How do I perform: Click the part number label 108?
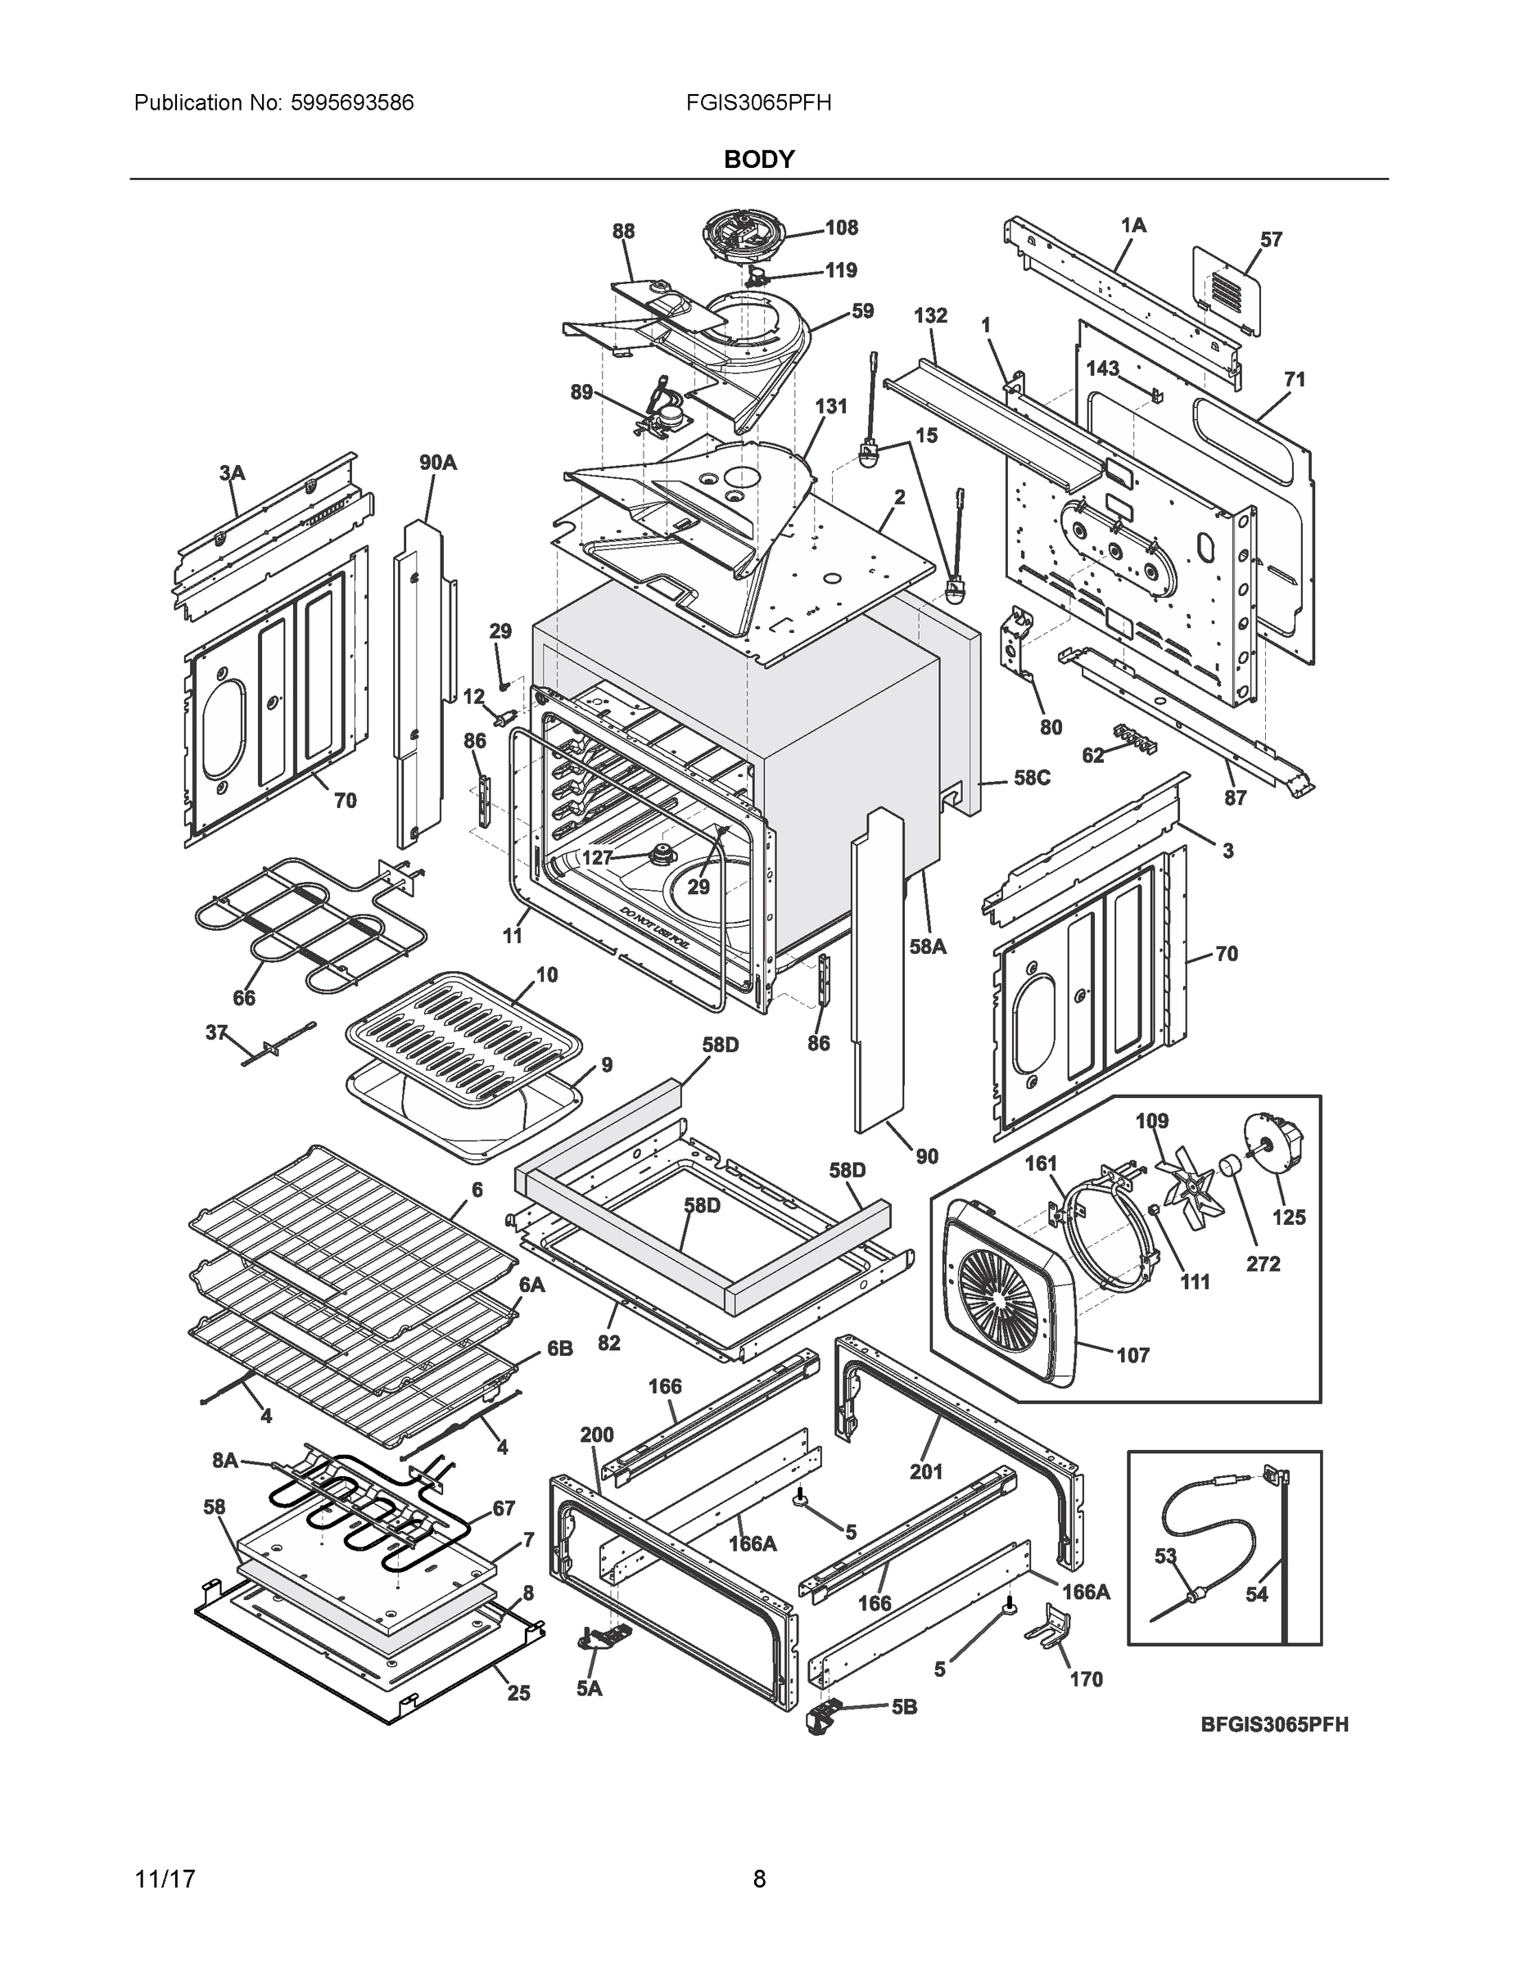tap(842, 228)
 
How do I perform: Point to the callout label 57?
tap(1271, 239)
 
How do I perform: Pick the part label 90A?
tap(437, 463)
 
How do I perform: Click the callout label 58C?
tap(1031, 777)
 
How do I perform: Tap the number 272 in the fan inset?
tap(1263, 1264)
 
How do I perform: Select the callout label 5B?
tap(903, 1707)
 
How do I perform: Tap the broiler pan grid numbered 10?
tap(463, 1035)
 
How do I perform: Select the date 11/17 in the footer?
tap(165, 1880)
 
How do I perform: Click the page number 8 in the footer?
tap(760, 1880)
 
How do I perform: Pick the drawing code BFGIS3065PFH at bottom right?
tap(1274, 1725)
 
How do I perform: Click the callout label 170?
tap(1085, 1679)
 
